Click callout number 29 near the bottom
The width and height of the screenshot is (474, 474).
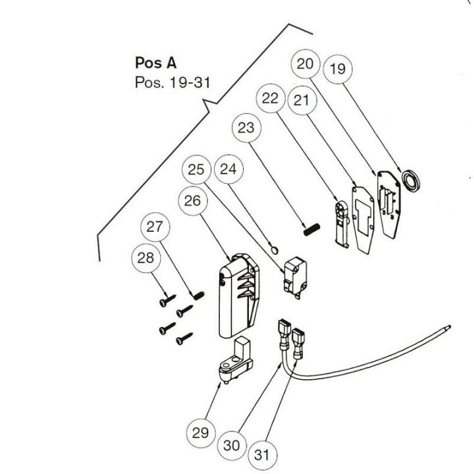click(200, 433)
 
